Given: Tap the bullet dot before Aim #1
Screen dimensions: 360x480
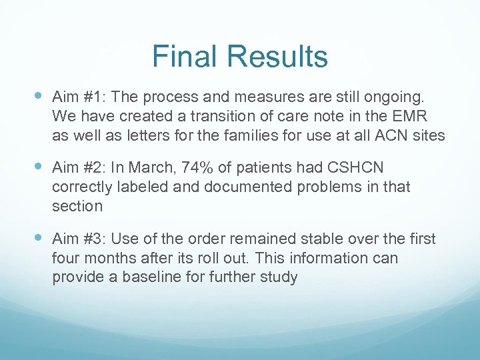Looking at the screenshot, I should click(x=37, y=96).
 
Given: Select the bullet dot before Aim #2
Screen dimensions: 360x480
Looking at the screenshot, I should click(x=37, y=167).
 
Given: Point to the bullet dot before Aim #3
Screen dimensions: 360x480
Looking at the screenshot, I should click(x=37, y=237).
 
